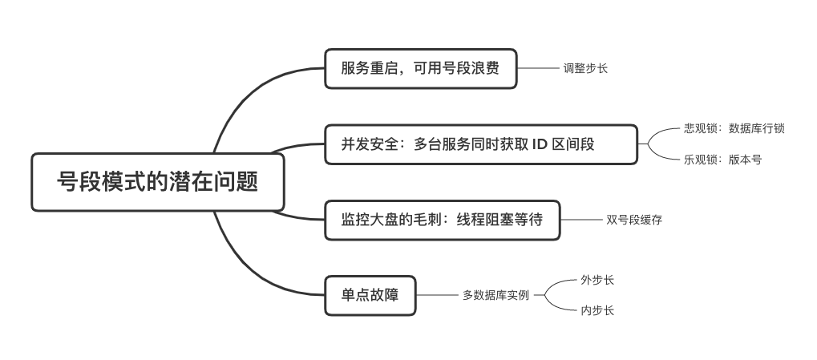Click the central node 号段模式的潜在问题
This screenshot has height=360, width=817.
(158, 182)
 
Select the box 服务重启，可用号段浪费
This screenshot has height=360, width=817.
(420, 68)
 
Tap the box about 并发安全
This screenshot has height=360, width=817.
(480, 144)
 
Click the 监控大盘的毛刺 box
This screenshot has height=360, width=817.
(442, 219)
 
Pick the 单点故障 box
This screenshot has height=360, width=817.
(370, 295)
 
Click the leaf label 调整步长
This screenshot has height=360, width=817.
(585, 68)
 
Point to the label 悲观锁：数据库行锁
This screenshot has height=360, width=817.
(734, 128)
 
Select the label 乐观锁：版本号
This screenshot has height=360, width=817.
(722, 160)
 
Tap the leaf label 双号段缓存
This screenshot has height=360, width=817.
(634, 219)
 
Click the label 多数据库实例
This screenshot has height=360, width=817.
(495, 295)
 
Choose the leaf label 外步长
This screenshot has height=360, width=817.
(597, 280)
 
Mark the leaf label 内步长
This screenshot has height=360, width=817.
(597, 310)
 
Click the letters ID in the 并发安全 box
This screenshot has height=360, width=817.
(540, 144)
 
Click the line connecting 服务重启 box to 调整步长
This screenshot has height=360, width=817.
(540, 68)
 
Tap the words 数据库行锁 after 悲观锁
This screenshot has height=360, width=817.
(756, 128)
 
